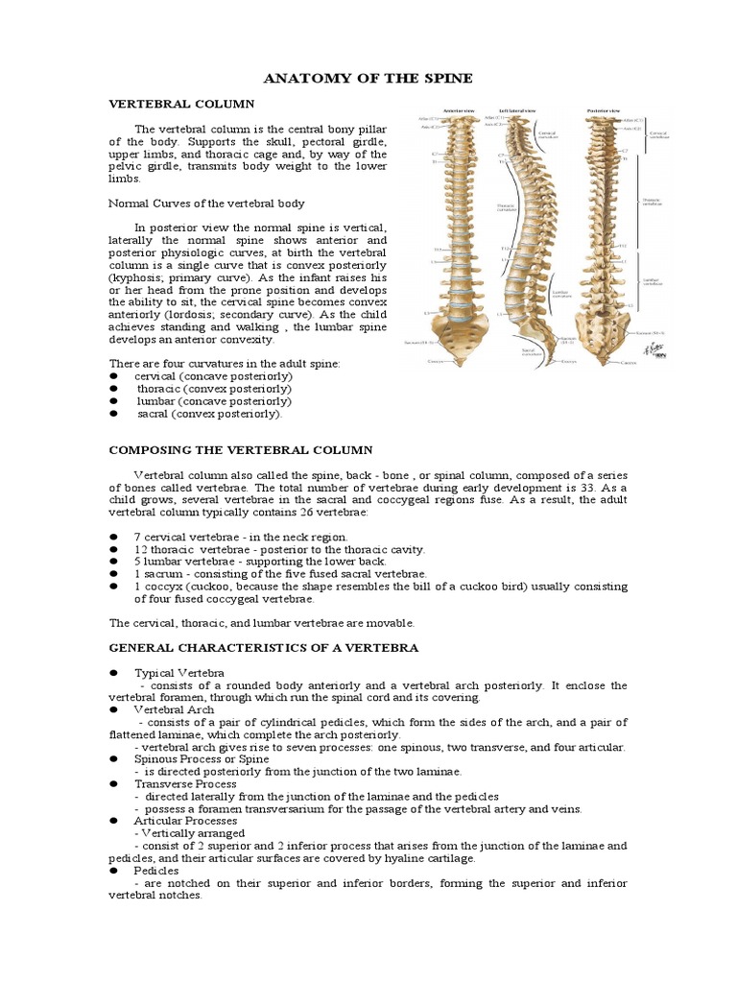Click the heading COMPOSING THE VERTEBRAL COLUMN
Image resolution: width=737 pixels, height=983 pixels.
click(x=241, y=449)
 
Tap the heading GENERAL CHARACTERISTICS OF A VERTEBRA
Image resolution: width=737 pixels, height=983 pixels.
click(x=264, y=648)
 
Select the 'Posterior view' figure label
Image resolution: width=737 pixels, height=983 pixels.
click(x=603, y=111)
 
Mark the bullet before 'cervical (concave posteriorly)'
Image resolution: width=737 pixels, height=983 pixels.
click(x=113, y=376)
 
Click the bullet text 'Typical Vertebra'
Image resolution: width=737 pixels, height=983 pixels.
click(x=179, y=673)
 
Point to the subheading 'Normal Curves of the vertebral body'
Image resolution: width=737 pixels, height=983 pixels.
click(x=206, y=203)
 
